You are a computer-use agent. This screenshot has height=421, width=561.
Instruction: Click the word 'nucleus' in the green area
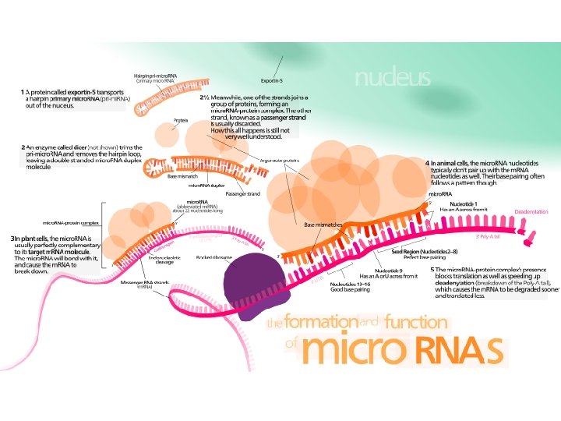392,78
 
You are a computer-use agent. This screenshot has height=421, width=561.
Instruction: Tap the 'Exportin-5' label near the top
272,80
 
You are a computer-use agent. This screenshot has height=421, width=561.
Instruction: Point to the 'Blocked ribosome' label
213,257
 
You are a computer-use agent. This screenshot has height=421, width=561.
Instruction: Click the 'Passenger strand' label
242,193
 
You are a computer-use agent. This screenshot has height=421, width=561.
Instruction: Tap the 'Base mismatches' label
323,225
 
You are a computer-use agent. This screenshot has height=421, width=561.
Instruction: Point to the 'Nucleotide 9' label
389,270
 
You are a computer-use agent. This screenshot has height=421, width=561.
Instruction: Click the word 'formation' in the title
320,322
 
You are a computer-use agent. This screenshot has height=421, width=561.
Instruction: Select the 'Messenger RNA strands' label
145,284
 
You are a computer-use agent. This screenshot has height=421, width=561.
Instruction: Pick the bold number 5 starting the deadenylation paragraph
432,270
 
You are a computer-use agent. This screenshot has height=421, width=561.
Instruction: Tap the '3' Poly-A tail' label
488,236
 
